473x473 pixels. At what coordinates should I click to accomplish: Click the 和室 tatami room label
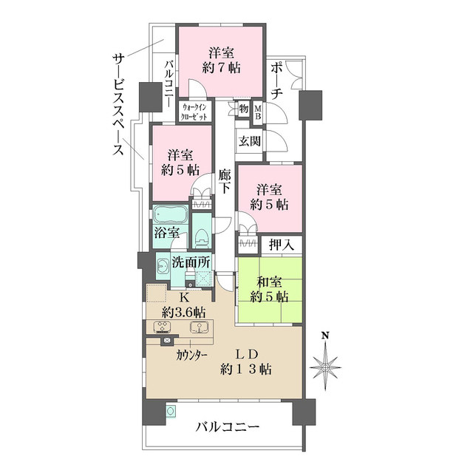(x=270, y=282)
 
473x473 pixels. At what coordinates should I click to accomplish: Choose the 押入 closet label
(x=282, y=243)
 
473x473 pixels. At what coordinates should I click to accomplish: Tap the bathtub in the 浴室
(x=170, y=216)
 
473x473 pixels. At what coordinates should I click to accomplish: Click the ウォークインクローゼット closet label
(x=195, y=112)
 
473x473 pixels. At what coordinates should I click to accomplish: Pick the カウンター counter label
(x=191, y=354)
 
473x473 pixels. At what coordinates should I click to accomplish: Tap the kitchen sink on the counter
(x=198, y=327)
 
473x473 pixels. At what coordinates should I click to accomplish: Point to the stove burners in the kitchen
(x=161, y=327)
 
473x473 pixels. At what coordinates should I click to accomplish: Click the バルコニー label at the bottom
(x=228, y=427)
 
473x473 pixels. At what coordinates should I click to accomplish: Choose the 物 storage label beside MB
(x=243, y=109)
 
